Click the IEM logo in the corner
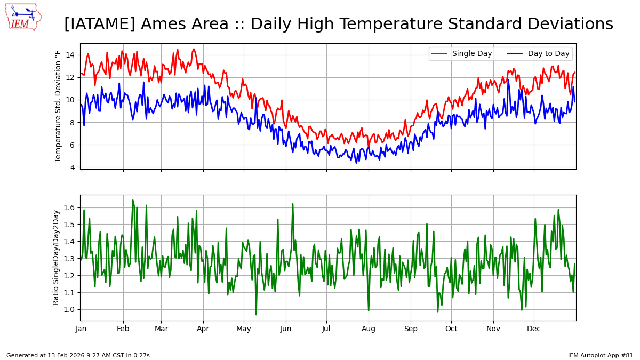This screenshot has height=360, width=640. coord(23,18)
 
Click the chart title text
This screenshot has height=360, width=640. coord(339,24)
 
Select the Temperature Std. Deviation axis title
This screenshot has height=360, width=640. coord(58,106)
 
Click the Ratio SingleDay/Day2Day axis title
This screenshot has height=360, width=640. coord(56,258)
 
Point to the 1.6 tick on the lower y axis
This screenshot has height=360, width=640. coord(69,207)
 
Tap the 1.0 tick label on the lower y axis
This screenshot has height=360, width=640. coord(69,309)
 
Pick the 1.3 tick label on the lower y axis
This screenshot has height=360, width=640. coord(69,259)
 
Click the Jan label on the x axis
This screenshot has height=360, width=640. coord(81,329)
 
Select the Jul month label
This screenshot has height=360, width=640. coord(326,329)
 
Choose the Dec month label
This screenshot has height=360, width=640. coord(534,329)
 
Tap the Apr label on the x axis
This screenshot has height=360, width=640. coord(203,329)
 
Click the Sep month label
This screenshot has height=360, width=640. coord(411,329)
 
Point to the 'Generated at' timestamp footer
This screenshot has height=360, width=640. coord(78,355)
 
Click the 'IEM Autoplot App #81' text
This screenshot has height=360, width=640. coord(601,355)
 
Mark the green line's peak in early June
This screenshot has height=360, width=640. coord(293,204)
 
